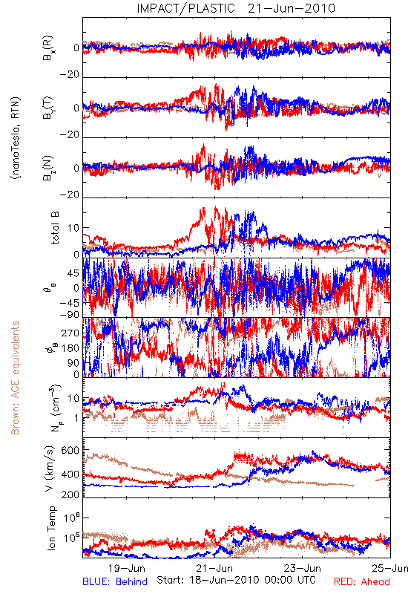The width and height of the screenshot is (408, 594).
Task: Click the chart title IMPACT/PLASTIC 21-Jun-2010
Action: [236, 8]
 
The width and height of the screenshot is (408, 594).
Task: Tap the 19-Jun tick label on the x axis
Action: [127, 568]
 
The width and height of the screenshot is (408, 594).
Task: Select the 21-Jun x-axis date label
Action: [214, 568]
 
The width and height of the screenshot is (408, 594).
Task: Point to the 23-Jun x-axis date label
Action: [303, 568]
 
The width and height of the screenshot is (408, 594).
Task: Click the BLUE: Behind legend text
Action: [115, 581]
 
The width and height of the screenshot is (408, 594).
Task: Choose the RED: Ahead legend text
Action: [362, 581]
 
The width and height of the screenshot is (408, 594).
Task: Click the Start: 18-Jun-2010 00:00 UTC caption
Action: [236, 580]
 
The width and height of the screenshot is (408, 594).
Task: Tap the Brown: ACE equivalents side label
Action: [15, 378]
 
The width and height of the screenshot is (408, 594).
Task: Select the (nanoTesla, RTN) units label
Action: [16, 138]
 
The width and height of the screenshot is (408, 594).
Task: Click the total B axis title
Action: [54, 228]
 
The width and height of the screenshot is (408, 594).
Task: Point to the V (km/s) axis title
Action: [50, 469]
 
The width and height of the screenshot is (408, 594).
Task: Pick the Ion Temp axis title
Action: [51, 528]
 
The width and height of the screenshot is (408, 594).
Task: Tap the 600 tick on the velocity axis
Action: [70, 451]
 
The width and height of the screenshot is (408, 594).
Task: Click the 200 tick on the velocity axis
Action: [70, 494]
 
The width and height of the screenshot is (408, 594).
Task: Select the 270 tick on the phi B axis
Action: [71, 333]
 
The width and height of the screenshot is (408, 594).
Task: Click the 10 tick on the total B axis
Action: [73, 228]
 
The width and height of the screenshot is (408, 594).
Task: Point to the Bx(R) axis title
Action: [48, 48]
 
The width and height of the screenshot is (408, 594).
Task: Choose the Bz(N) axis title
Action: [48, 168]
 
